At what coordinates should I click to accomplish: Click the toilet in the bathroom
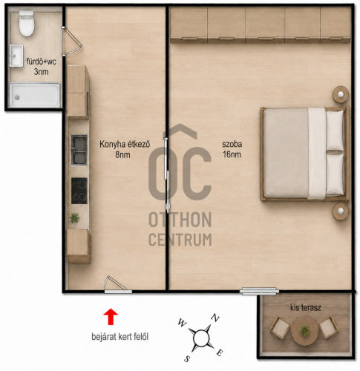click(x=27, y=23)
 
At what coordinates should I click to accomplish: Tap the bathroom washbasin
click(x=16, y=56)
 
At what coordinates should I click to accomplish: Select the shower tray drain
click(x=17, y=97)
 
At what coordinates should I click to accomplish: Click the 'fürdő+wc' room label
click(x=42, y=62)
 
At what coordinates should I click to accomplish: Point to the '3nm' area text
click(x=41, y=72)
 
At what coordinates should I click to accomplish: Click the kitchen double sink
click(x=79, y=150)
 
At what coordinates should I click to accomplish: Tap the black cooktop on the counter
click(x=79, y=191)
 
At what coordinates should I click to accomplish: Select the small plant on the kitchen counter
click(x=74, y=218)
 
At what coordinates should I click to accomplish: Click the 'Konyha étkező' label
click(x=125, y=144)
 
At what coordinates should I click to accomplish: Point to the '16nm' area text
click(x=232, y=154)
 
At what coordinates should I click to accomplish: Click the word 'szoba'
click(x=232, y=144)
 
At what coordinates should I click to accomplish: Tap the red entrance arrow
click(x=111, y=316)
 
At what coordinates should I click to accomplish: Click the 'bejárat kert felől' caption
click(x=120, y=337)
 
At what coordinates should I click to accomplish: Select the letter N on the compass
click(x=215, y=318)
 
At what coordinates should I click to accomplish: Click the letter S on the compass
click(x=188, y=359)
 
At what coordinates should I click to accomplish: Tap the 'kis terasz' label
click(x=306, y=308)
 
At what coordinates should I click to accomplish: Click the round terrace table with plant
click(x=304, y=331)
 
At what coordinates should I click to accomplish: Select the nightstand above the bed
click(x=341, y=94)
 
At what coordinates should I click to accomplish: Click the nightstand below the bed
click(x=341, y=211)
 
